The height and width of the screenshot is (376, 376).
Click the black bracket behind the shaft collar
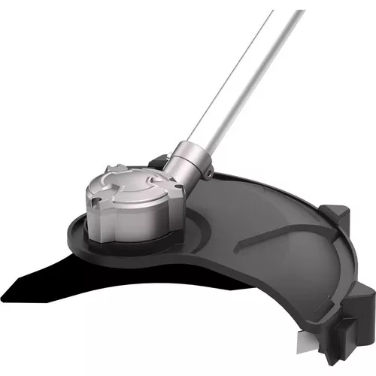[x=159, y=162]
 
